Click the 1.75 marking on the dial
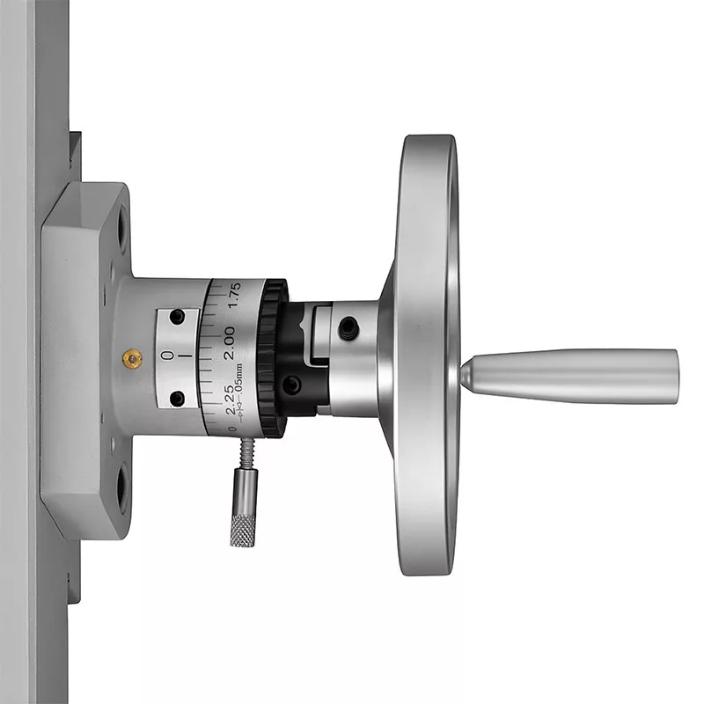pyautogui.click(x=234, y=295)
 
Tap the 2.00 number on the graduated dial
pyautogui.click(x=229, y=342)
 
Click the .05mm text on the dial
pyautogui.click(x=238, y=379)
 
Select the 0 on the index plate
pyautogui.click(x=166, y=356)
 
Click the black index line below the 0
pyautogui.click(x=187, y=356)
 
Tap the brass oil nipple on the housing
pyautogui.click(x=133, y=358)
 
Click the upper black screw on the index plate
pyautogui.click(x=177, y=317)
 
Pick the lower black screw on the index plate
pyautogui.click(x=178, y=399)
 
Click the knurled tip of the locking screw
pyautogui.click(x=243, y=531)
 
